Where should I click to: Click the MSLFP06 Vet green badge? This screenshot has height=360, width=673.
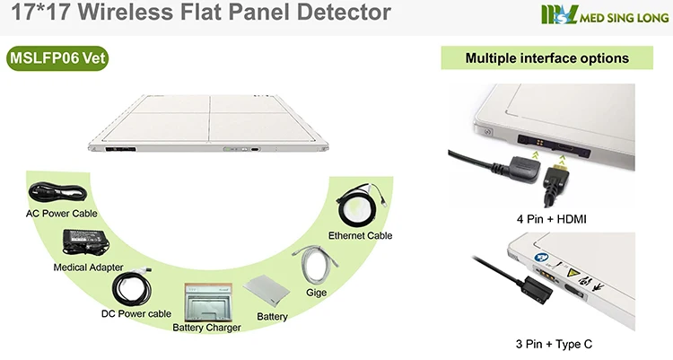[57, 59]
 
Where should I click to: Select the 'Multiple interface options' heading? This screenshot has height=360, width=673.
[546, 59]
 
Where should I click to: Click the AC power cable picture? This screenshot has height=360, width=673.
[56, 193]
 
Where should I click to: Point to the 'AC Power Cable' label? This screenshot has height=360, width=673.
[62, 214]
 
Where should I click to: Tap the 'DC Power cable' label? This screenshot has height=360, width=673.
[136, 314]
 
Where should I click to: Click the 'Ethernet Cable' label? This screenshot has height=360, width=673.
[360, 235]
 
